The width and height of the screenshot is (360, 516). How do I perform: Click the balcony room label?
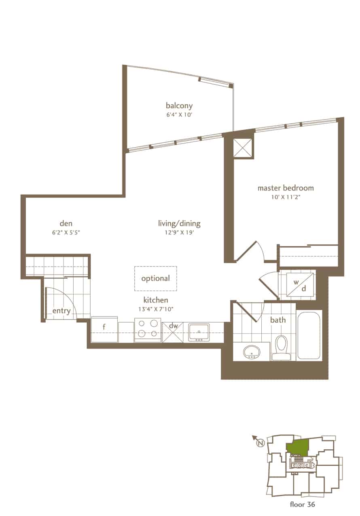click(179, 106)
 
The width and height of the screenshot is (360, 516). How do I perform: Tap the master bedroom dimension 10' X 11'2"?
click(286, 197)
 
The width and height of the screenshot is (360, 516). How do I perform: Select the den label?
click(66, 223)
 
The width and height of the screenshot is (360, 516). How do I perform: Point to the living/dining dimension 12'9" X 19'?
click(179, 233)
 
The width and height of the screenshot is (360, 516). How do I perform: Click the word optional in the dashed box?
click(156, 278)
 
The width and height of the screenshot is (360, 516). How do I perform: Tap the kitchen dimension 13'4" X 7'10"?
click(156, 309)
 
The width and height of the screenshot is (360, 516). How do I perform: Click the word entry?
click(61, 311)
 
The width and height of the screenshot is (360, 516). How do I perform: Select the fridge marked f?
click(104, 329)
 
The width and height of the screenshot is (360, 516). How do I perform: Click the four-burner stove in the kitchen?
click(148, 330)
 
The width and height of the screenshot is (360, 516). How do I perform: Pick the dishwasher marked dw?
click(173, 332)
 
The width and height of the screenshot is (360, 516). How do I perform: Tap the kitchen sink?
click(199, 332)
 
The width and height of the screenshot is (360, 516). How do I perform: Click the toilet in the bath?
click(281, 348)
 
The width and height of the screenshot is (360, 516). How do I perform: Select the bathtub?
click(309, 335)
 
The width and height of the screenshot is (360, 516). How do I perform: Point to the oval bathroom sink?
click(252, 352)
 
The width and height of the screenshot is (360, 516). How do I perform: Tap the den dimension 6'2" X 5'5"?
click(66, 233)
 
